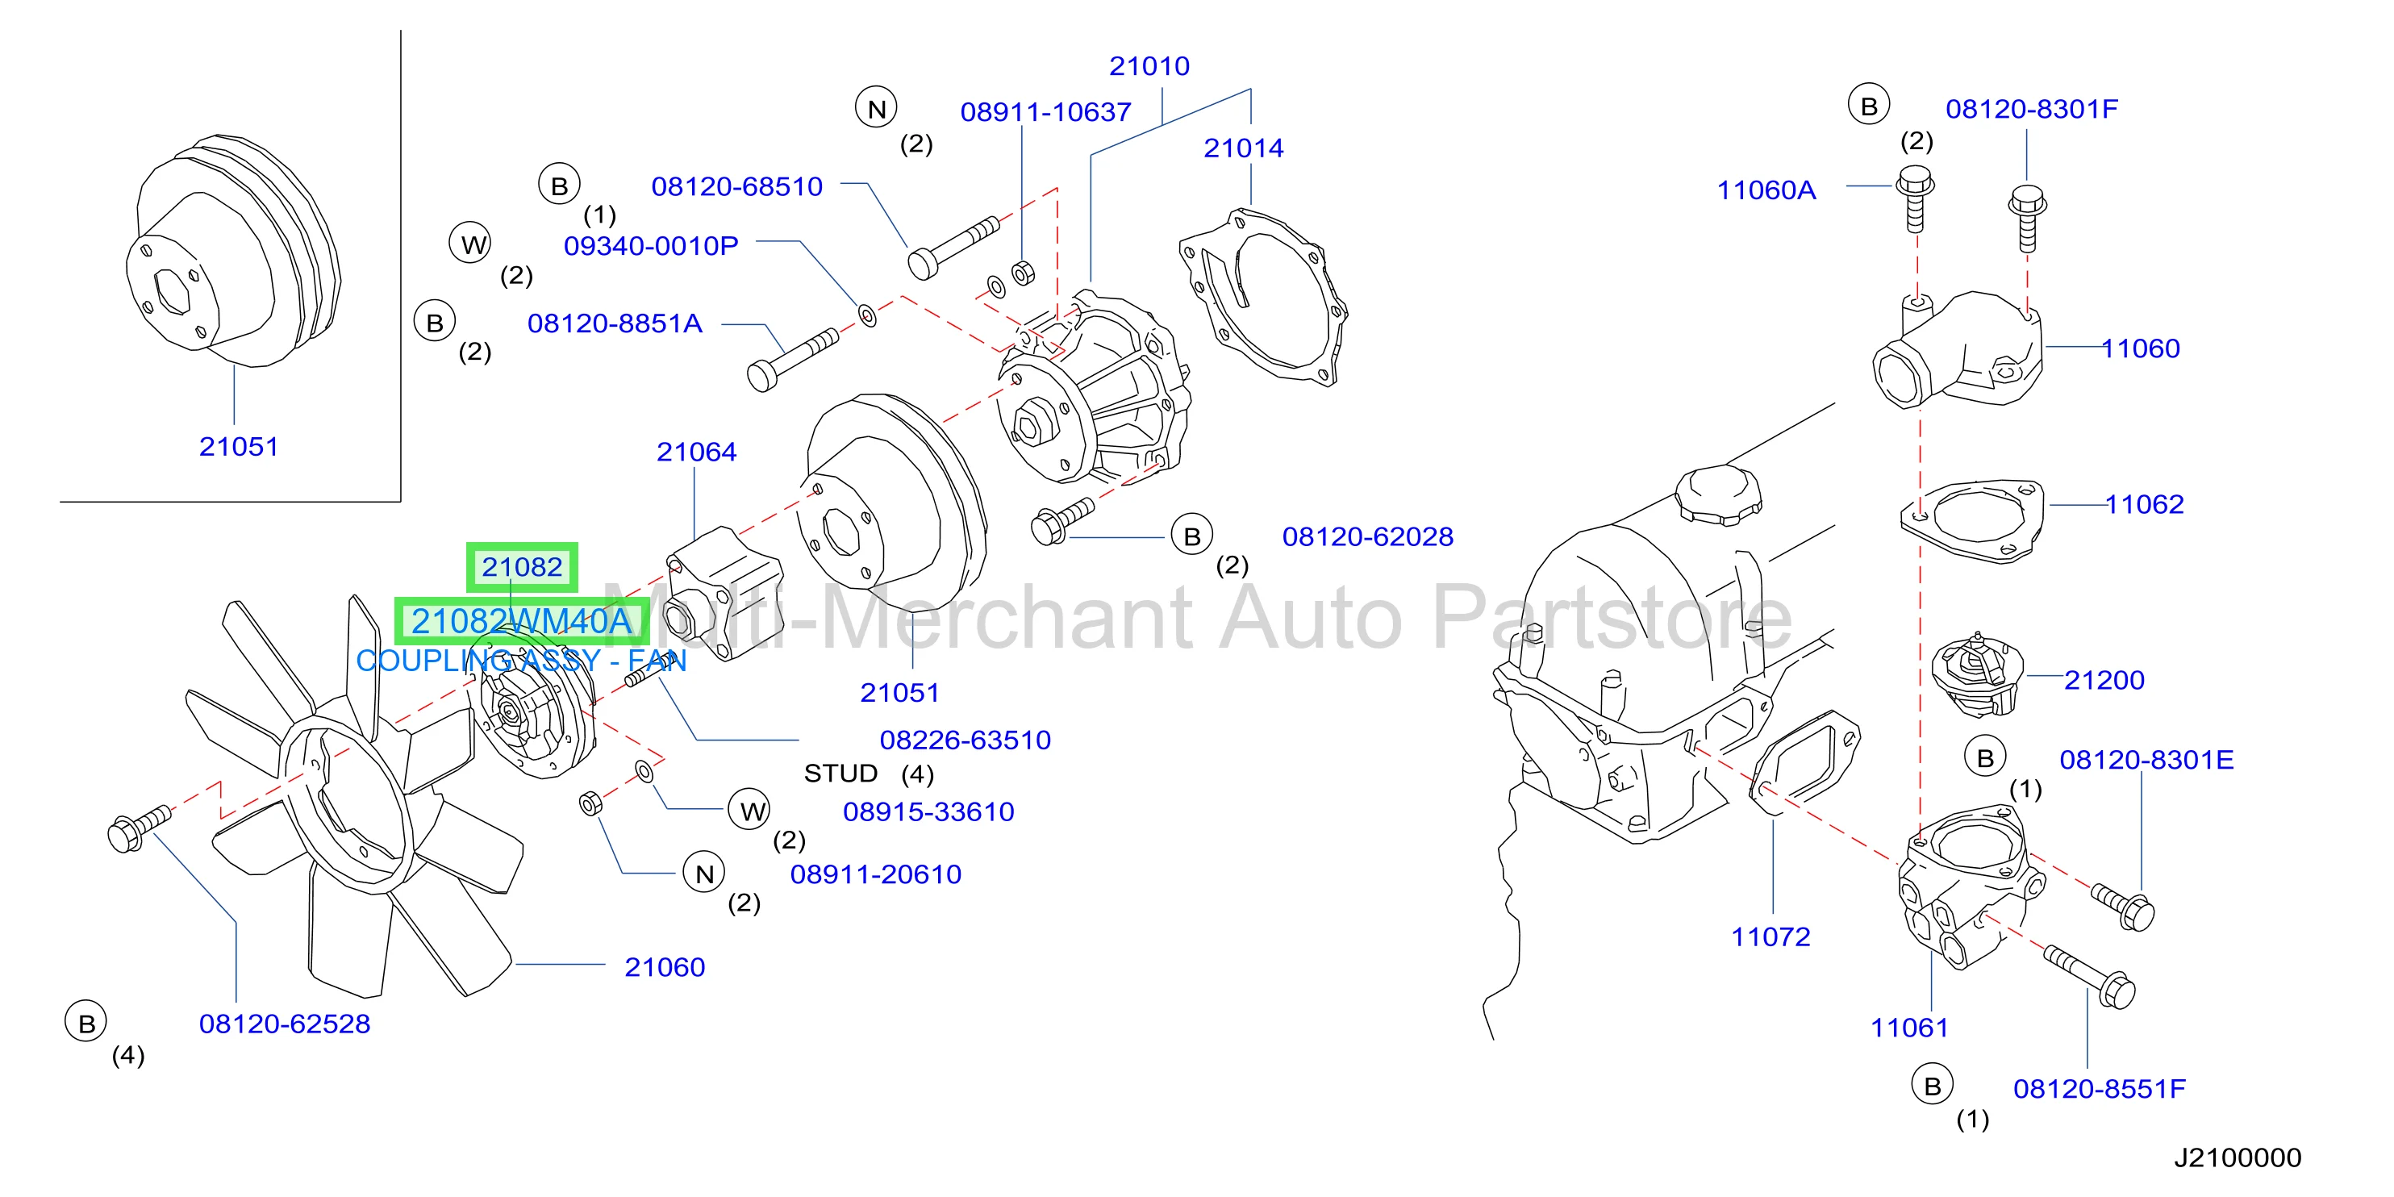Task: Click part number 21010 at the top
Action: coord(1149,66)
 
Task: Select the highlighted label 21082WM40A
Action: coord(521,621)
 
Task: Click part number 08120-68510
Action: coord(737,187)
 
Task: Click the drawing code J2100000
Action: coord(2238,1157)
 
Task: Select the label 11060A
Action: coord(1766,190)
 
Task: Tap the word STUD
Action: coord(840,774)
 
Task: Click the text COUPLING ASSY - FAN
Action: coord(521,661)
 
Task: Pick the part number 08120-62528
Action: coord(285,1024)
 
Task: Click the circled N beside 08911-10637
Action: coord(876,109)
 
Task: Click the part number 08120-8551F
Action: coord(2100,1088)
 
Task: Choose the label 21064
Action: coord(696,452)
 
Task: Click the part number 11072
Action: coord(1770,936)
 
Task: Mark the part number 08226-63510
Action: coord(965,740)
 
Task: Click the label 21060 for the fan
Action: coord(665,967)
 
